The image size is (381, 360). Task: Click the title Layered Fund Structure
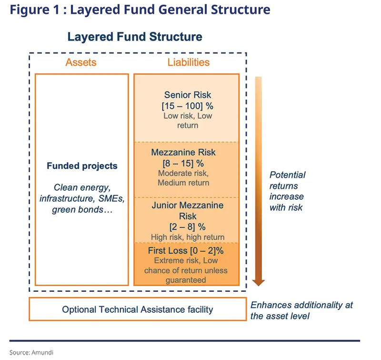(x=135, y=37)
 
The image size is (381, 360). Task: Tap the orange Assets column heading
(x=81, y=62)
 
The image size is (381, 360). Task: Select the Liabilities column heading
(x=188, y=62)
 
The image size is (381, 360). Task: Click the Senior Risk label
(x=188, y=95)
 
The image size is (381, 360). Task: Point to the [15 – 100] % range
(x=188, y=106)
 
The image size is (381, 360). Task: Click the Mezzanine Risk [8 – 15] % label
(x=183, y=158)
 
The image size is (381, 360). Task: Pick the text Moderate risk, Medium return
(x=183, y=178)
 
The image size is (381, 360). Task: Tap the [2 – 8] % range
(x=187, y=226)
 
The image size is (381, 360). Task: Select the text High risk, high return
(x=188, y=237)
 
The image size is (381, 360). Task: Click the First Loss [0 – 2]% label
(x=186, y=250)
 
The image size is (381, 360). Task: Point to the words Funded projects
(x=82, y=166)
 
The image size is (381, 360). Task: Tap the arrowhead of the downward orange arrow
(x=258, y=282)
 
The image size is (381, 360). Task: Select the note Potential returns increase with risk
(x=287, y=191)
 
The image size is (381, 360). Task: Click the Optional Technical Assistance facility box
(x=138, y=309)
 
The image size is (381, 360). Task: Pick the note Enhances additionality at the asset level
(x=301, y=310)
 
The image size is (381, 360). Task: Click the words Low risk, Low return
(x=188, y=121)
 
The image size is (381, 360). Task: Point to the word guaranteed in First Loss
(x=186, y=280)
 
